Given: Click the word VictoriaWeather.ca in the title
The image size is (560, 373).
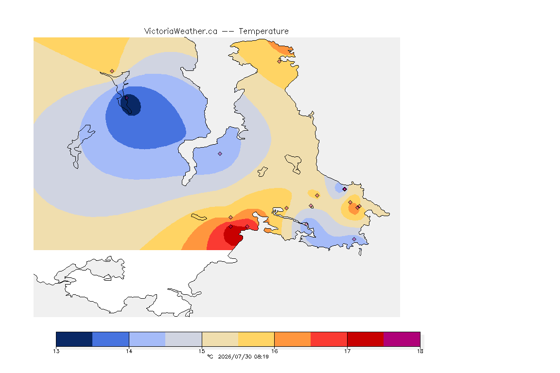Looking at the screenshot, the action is [x=181, y=32].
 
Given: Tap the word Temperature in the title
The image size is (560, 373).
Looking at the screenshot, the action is [x=263, y=32].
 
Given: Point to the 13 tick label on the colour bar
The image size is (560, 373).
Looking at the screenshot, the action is [x=56, y=351].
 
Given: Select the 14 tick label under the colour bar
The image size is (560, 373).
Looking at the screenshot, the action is [x=129, y=351].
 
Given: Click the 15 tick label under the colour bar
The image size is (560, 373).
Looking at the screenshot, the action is [x=202, y=351].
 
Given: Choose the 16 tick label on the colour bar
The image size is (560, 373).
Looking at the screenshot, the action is [x=274, y=351].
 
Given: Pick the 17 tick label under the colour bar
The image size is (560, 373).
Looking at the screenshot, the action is [x=347, y=351].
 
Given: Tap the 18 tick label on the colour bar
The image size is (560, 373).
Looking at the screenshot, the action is [x=420, y=351].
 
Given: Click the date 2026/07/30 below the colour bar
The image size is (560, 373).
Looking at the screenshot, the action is [x=234, y=356].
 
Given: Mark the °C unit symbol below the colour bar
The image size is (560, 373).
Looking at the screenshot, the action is [x=210, y=356].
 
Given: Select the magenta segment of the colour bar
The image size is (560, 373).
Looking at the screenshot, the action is [x=402, y=339].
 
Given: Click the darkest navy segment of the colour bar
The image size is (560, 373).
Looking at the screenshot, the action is [x=74, y=339].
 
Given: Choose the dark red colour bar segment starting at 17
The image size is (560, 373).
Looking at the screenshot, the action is [x=366, y=339].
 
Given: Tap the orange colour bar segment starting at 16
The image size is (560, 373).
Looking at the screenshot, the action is [x=293, y=339].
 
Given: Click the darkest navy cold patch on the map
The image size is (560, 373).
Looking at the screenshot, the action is [x=131, y=104].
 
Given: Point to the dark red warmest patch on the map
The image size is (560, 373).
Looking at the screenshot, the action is [x=233, y=236].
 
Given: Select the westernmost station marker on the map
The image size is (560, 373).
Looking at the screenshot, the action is [x=112, y=71].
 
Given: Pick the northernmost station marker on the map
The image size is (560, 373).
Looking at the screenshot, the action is [x=280, y=61].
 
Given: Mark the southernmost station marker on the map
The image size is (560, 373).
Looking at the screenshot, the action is [x=354, y=239].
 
